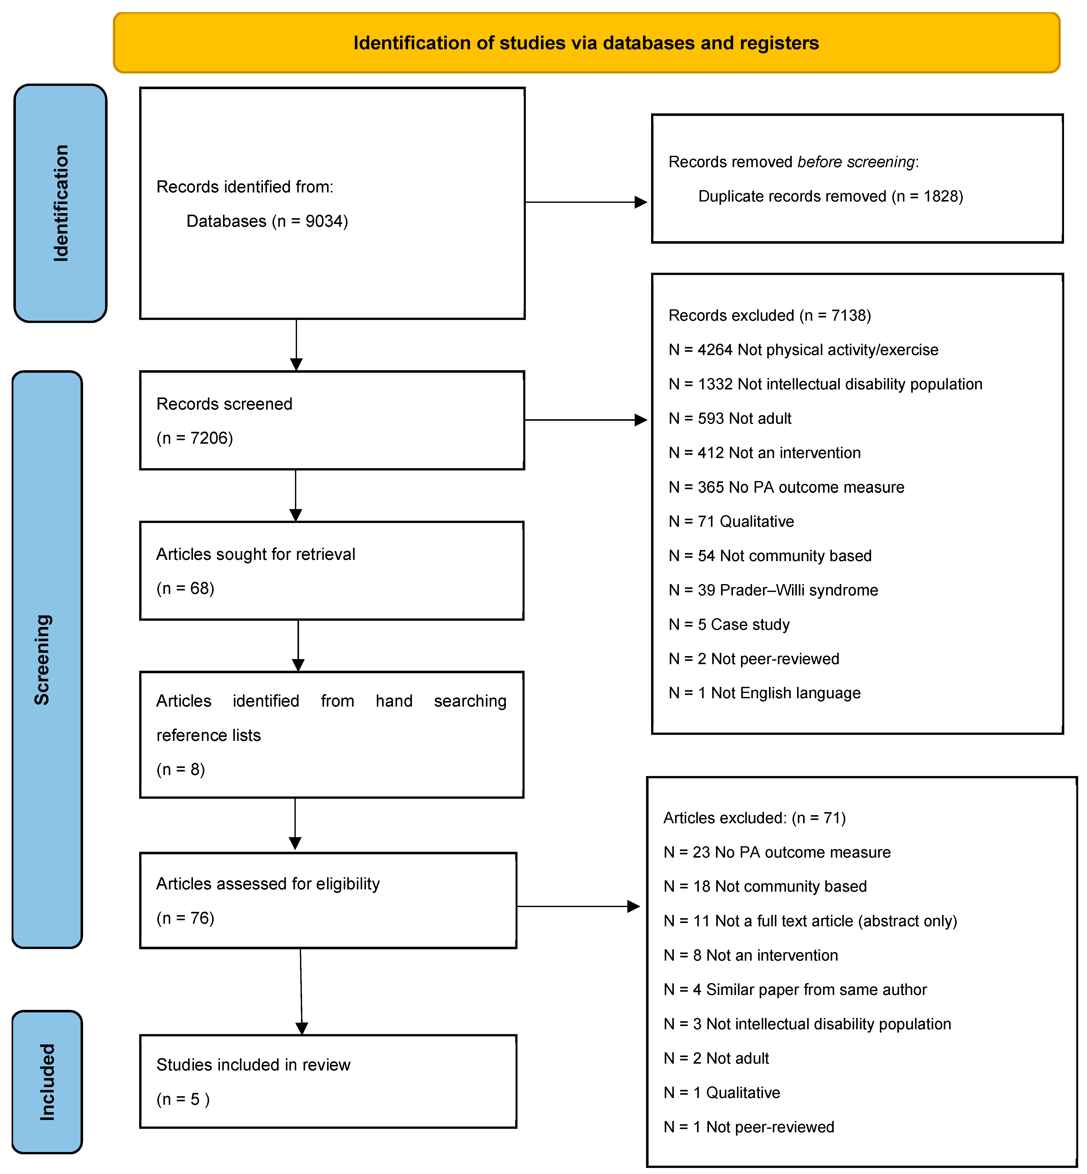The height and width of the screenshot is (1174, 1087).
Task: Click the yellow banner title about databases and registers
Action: point(586,43)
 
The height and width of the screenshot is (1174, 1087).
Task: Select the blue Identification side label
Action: point(61,203)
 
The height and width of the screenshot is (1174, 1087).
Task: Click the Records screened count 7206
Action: point(211,438)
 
